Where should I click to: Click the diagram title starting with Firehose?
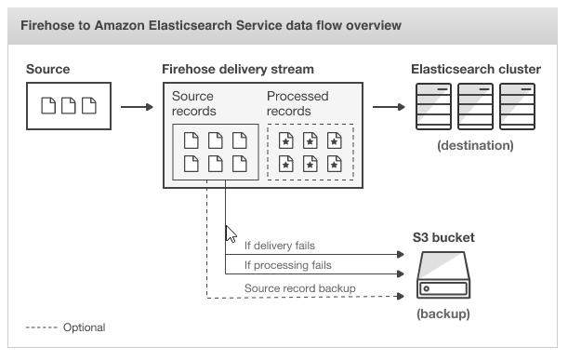pyautogui.click(x=210, y=25)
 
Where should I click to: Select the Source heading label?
pyautogui.click(x=47, y=70)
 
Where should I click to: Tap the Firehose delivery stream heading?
pyautogui.click(x=237, y=70)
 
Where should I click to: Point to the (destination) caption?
pyautogui.click(x=475, y=146)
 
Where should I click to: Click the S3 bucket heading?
pyautogui.click(x=443, y=238)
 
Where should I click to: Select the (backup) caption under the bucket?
pyautogui.click(x=443, y=313)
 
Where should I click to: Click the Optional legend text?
pyautogui.click(x=84, y=327)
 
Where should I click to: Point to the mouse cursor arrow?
pyautogui.click(x=231, y=233)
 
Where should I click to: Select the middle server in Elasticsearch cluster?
pyautogui.click(x=475, y=107)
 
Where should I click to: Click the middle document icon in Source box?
pyautogui.click(x=69, y=107)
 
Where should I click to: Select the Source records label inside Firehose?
pyautogui.click(x=193, y=103)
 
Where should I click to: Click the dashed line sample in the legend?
pyautogui.click(x=40, y=327)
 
